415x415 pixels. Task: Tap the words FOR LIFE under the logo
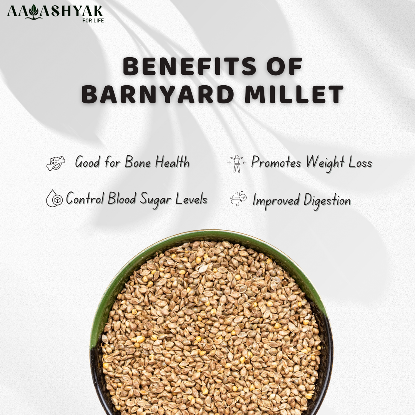93,21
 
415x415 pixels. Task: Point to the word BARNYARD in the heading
158,94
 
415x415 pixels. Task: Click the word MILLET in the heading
294,94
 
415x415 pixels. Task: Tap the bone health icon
56,163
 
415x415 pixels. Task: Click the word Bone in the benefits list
138,162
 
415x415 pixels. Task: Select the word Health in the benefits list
172,162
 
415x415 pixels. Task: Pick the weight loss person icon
237,164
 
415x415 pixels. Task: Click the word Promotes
276,162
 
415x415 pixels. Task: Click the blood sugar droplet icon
54,199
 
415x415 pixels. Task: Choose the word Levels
192,198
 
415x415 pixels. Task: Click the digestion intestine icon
239,198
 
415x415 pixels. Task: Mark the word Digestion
327,201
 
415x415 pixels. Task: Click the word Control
85,198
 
